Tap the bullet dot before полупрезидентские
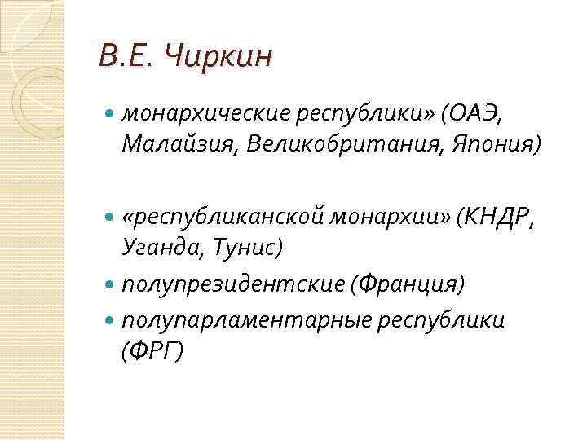coord(111,285)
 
